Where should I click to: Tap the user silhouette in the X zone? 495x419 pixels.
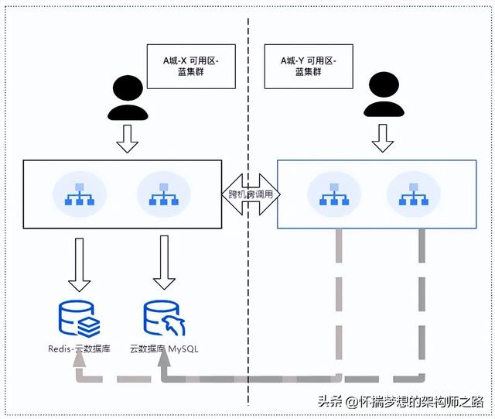coord(128,98)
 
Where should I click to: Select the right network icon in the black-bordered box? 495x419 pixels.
coord(163,194)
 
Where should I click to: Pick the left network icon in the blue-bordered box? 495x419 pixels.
coord(333,194)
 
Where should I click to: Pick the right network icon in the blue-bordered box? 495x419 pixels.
coord(412,194)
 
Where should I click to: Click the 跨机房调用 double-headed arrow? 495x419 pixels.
coord(251,194)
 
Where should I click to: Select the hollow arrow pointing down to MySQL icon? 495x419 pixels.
coord(163,263)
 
